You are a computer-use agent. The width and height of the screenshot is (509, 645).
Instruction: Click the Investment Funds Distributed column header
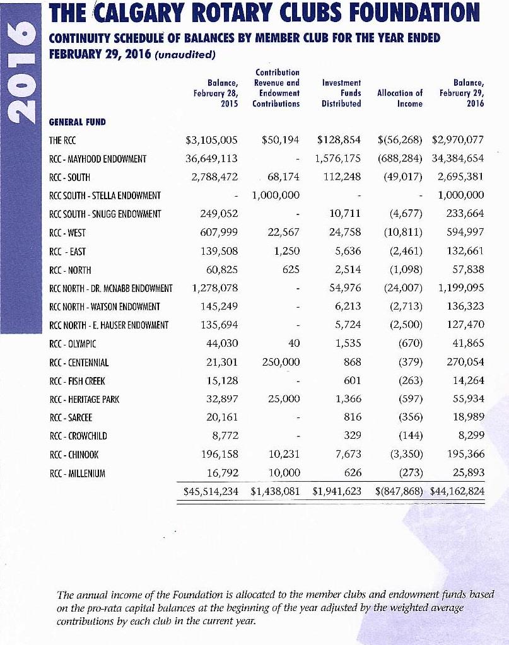click(x=341, y=93)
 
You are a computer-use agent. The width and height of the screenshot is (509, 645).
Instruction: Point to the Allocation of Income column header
click(x=399, y=98)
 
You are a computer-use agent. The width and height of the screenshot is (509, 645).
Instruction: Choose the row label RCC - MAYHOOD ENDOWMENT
click(x=98, y=158)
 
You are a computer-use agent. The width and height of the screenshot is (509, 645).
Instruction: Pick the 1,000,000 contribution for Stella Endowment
click(x=275, y=195)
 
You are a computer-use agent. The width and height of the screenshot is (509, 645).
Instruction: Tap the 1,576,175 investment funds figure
click(x=337, y=158)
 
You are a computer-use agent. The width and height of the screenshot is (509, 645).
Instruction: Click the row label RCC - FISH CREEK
click(x=77, y=381)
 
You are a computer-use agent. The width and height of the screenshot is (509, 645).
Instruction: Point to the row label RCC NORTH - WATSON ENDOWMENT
click(x=104, y=307)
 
